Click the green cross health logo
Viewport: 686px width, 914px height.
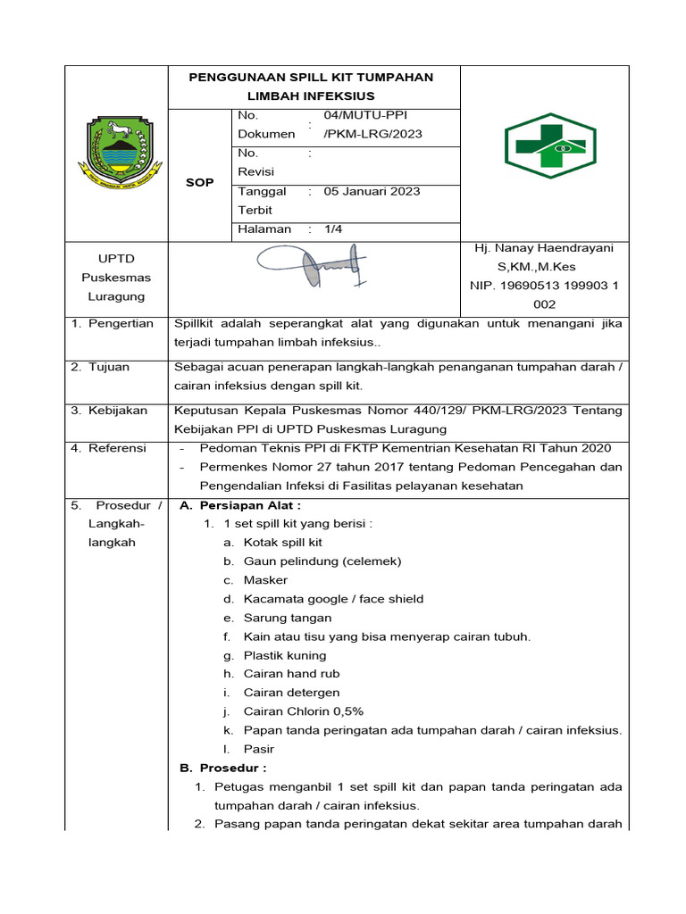point(544,146)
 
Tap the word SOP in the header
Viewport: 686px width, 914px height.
point(199,182)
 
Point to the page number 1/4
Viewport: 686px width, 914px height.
point(333,228)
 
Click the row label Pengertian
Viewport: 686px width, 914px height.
point(121,323)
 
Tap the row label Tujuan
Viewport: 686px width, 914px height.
point(109,367)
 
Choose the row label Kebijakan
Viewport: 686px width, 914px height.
point(117,411)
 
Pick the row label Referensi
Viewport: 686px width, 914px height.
point(117,448)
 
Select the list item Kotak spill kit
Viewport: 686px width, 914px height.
point(282,543)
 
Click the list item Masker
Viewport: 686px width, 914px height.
point(265,580)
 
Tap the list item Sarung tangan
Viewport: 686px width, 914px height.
point(287,618)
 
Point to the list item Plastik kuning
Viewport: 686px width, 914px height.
point(284,655)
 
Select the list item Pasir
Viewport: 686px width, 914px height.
point(258,749)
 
